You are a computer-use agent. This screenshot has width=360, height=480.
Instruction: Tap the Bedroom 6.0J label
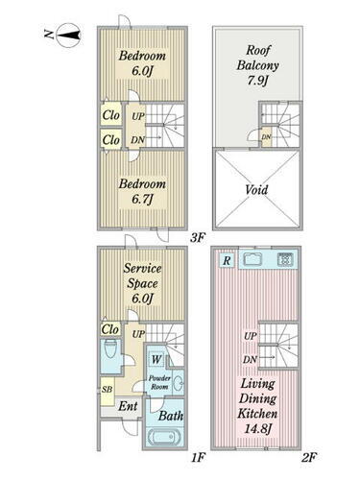tap(142, 63)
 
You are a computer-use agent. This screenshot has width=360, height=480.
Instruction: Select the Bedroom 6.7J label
tap(142, 192)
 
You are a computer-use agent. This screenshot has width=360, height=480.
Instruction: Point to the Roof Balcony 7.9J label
tap(257, 65)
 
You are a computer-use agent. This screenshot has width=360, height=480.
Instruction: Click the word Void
tap(256, 190)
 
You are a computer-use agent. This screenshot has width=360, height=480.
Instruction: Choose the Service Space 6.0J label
tap(142, 283)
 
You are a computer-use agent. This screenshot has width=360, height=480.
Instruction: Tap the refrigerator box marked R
tap(227, 260)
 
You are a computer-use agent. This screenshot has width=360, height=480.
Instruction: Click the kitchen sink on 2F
tap(252, 259)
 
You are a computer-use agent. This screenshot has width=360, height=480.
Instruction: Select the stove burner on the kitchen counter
tap(285, 259)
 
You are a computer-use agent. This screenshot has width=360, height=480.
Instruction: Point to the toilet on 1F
tap(110, 348)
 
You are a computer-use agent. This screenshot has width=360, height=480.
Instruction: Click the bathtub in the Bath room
tap(165, 437)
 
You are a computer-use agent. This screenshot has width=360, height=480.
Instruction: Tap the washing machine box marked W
tap(156, 359)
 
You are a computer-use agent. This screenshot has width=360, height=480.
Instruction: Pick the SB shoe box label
tap(108, 390)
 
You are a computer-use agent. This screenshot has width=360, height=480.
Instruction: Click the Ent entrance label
tap(128, 406)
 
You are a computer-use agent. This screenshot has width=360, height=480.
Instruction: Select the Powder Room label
tap(159, 382)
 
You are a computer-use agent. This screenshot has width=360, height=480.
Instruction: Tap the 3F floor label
tap(198, 238)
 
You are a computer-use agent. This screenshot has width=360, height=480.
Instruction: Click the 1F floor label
tap(198, 458)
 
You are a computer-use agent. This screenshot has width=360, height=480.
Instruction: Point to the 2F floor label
tap(309, 458)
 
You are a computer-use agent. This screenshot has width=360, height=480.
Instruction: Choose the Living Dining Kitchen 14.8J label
tap(257, 406)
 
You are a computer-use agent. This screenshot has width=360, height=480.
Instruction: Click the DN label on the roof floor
tap(266, 137)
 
